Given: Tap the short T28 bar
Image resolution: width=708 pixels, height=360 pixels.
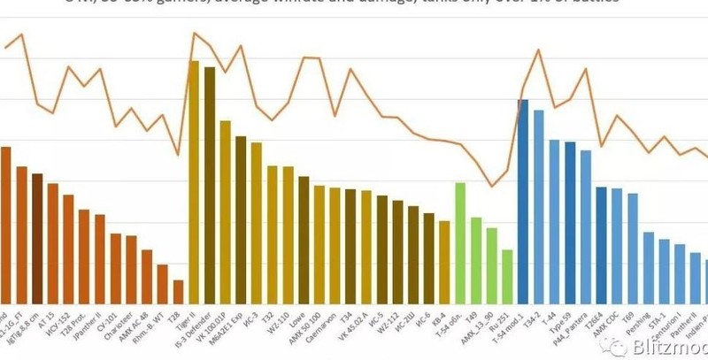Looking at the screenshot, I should [x=178, y=293].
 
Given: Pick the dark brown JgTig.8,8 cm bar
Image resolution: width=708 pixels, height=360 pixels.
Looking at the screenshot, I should [x=37, y=240].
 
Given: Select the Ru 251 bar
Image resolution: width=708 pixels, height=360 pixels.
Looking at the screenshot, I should [x=507, y=277].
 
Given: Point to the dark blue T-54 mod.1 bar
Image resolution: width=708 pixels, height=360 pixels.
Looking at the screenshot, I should [x=523, y=203].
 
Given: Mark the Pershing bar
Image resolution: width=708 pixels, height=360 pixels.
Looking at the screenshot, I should [x=649, y=269].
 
